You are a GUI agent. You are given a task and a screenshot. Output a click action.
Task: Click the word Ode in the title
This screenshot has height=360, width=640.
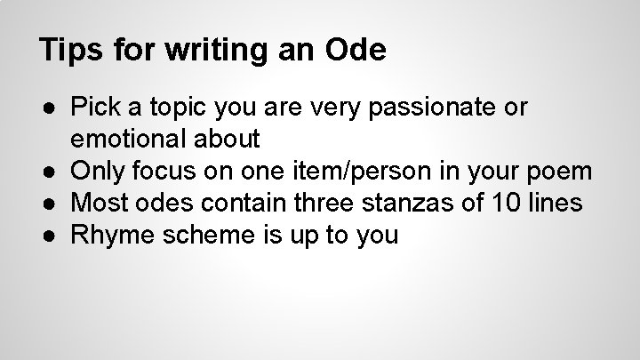356,50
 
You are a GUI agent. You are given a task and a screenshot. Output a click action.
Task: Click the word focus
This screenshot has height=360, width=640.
160,170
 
